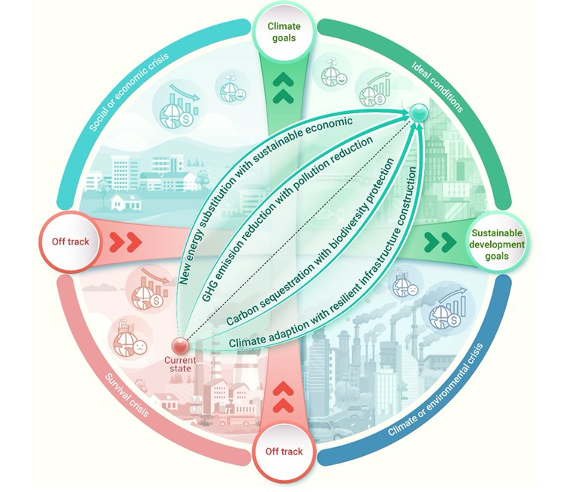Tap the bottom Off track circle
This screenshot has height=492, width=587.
pyautogui.click(x=284, y=451)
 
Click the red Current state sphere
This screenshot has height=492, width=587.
pyautogui.click(x=179, y=346)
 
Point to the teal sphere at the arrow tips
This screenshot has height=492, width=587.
pyautogui.click(x=418, y=113)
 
